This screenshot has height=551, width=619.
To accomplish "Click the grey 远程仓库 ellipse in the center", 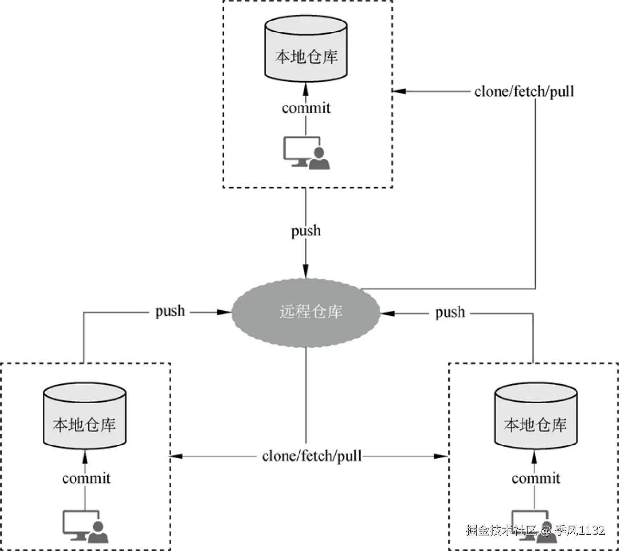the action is (306, 312).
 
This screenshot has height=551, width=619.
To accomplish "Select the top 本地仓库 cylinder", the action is (306, 49).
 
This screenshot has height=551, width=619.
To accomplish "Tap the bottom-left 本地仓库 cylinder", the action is (85, 416).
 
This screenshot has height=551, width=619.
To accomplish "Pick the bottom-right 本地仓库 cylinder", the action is (536, 416).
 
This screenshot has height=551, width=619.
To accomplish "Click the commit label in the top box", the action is (306, 108).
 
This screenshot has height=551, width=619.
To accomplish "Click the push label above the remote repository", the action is (306, 231).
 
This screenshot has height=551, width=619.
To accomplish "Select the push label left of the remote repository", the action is (170, 312).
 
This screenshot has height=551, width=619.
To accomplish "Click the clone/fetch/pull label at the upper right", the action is (524, 92).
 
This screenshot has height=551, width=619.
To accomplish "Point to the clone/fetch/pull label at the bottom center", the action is (311, 456).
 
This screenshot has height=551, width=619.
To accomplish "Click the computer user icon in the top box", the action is (306, 153).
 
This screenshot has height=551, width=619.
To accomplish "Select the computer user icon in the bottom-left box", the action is (85, 527).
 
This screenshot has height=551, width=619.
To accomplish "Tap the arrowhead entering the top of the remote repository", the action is (306, 271).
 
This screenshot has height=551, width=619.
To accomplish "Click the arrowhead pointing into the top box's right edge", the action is (399, 91).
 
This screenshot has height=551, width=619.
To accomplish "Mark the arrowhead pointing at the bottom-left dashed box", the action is (177, 456).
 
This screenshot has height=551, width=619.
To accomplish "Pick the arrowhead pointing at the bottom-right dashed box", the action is (441, 456).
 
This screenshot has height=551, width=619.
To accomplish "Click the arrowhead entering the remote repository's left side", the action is (224, 312).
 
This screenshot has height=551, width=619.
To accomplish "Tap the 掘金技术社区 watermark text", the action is (502, 530).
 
